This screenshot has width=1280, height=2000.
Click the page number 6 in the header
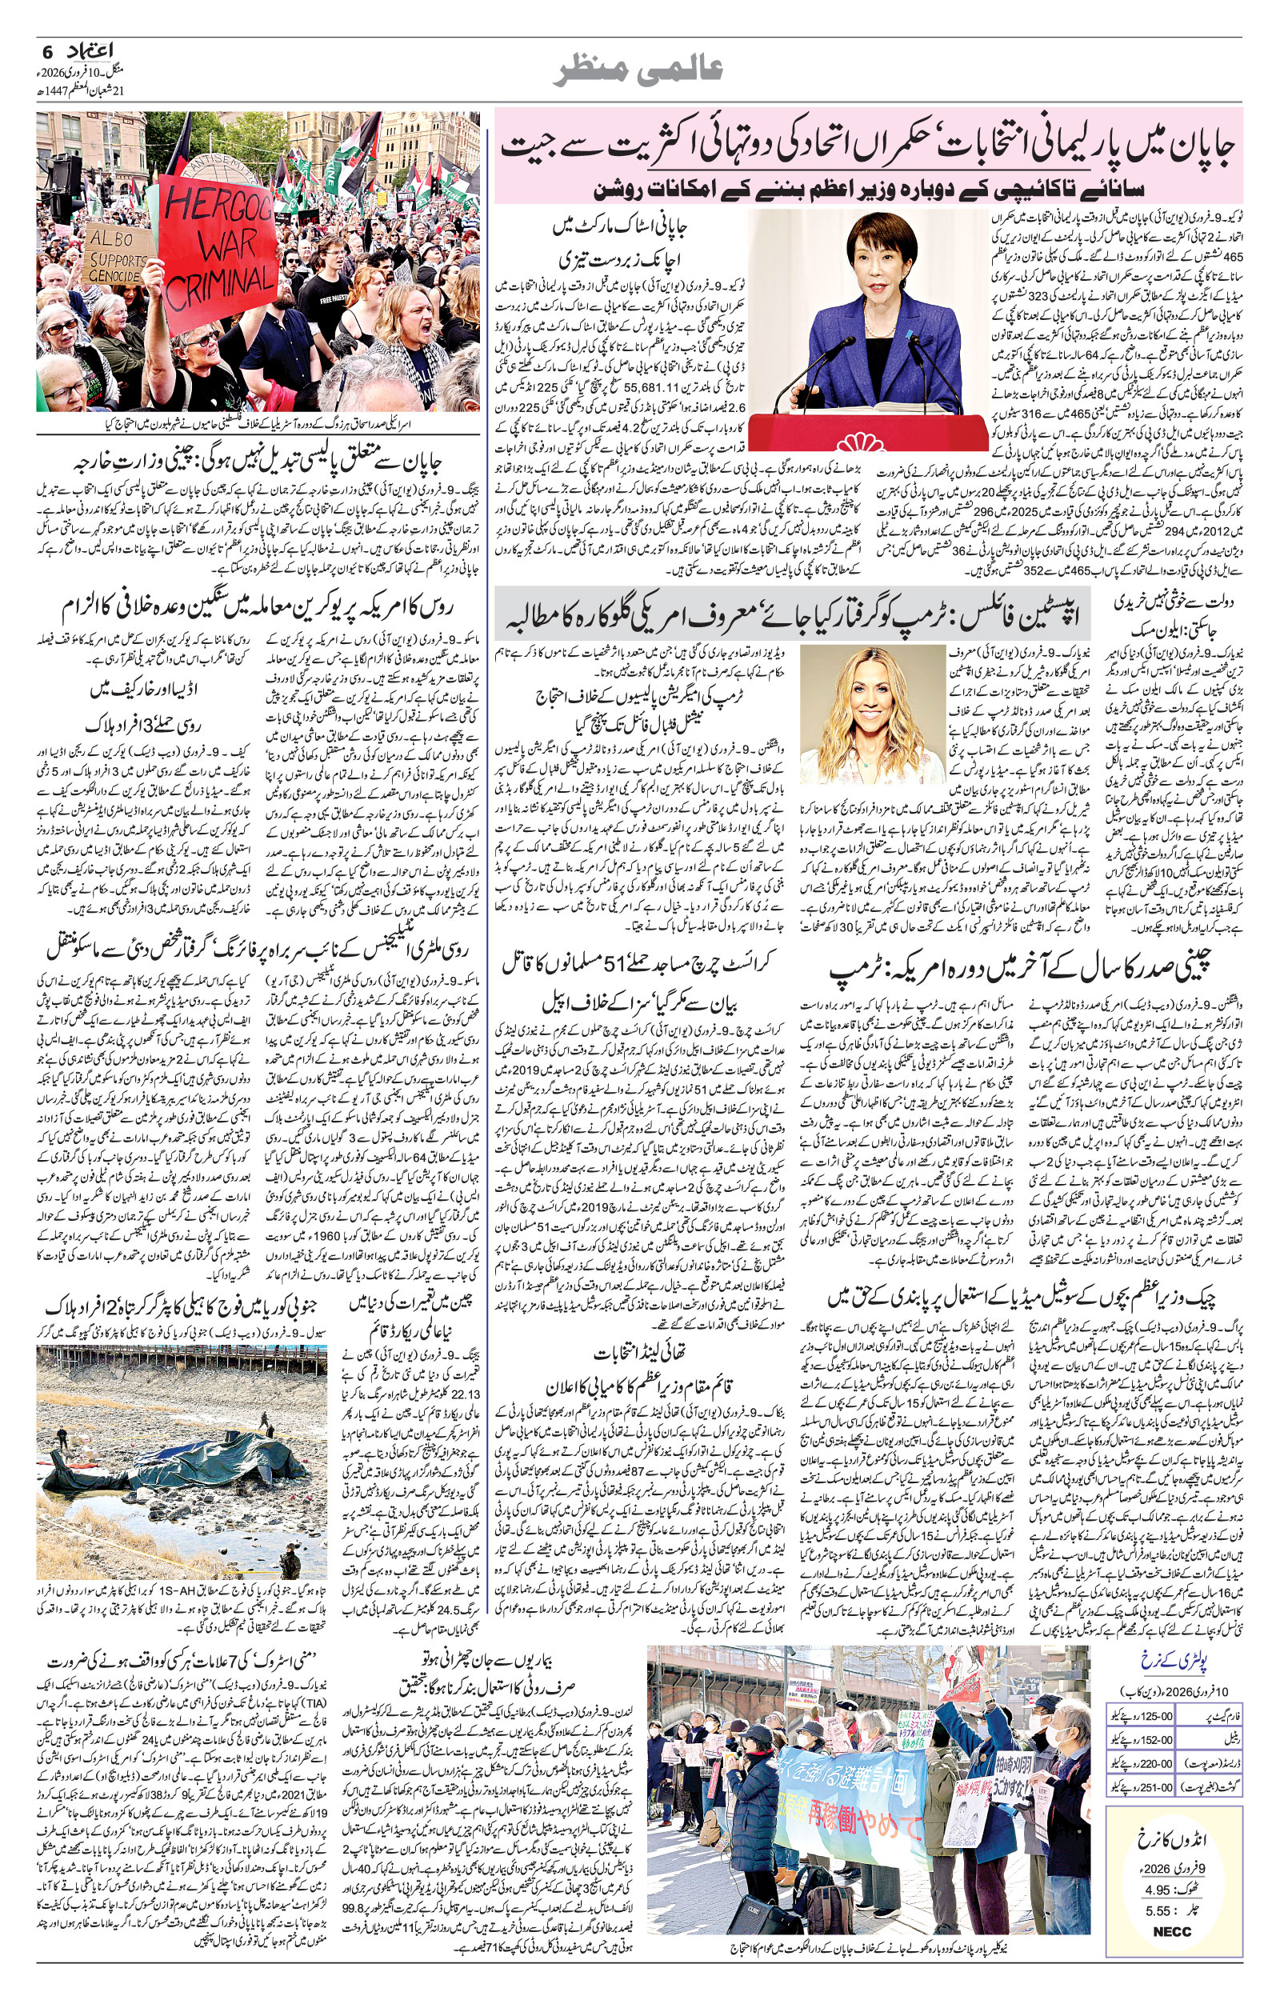[x=46, y=51]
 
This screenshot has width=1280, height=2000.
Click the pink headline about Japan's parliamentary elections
[x=869, y=148]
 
